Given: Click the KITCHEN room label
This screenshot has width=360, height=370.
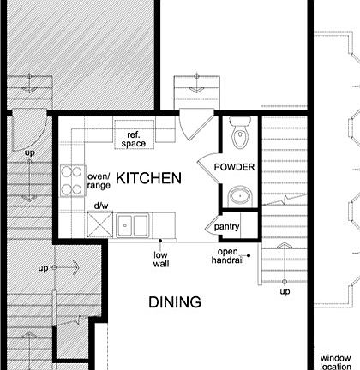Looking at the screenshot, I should click(148, 178).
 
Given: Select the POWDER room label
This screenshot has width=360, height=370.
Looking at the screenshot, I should click(234, 167).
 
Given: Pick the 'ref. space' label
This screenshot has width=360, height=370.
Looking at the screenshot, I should click(134, 140).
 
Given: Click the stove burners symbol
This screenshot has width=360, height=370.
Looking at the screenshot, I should click(71, 180).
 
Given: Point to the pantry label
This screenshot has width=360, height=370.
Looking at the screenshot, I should click(227, 228).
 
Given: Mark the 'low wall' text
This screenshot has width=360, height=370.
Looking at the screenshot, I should click(161, 260).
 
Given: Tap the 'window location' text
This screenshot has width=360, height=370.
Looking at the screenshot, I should click(335, 361).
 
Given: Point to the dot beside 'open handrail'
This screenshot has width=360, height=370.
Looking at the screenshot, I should click(249, 255).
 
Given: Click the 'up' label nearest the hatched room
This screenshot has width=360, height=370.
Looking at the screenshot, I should click(30, 153).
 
